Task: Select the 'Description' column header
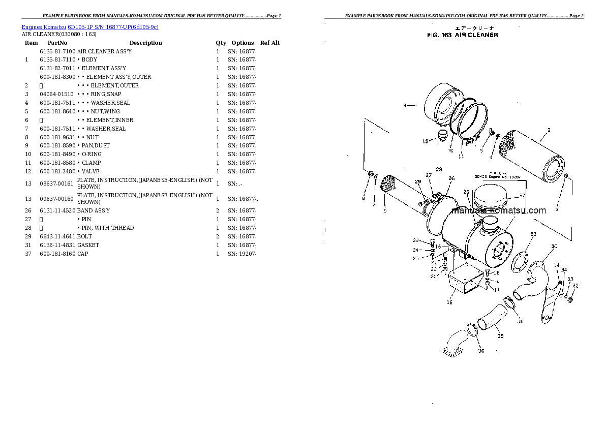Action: tap(145, 43)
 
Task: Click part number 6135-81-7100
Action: tap(57, 51)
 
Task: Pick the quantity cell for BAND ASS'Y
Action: tap(218, 210)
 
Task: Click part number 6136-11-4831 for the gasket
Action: tap(57, 245)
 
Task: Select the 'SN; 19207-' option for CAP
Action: tap(242, 254)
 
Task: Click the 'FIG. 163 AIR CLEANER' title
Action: tap(462, 35)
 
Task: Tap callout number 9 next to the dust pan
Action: tap(405, 106)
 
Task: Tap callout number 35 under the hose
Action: tap(500, 335)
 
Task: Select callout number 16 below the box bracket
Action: tap(449, 302)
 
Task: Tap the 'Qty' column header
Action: tap(221, 43)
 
